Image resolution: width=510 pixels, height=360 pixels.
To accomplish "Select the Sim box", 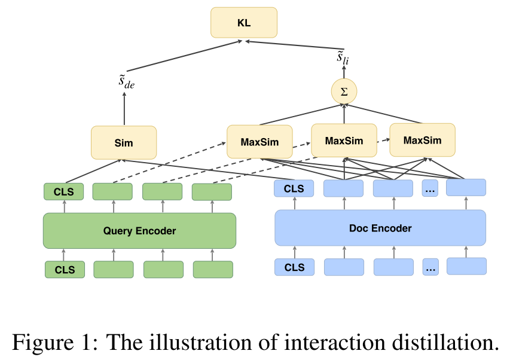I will (x=124, y=142).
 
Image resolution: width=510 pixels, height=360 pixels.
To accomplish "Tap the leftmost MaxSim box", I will (x=259, y=142).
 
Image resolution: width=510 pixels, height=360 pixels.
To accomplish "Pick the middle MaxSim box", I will (x=344, y=141).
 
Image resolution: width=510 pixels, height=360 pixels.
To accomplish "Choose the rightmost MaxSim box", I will (x=422, y=140).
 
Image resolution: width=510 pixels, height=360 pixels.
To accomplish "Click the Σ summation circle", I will (x=344, y=91).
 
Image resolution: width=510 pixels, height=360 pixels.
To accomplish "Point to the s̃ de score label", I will (x=126, y=82).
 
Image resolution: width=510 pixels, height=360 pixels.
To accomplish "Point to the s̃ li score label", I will (x=343, y=57).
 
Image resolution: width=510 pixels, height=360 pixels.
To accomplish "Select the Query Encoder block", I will (x=139, y=230).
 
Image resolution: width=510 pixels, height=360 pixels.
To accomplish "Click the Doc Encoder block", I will (x=380, y=228).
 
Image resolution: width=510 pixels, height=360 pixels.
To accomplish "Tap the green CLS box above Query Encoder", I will (x=65, y=191).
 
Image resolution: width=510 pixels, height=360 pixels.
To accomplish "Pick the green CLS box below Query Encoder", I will (x=65, y=270).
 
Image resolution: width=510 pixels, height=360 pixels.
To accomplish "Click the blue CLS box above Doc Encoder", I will (x=294, y=188).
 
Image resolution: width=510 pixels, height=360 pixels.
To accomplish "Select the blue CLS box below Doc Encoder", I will (x=294, y=267).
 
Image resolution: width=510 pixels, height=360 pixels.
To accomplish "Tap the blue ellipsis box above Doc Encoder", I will (x=430, y=188).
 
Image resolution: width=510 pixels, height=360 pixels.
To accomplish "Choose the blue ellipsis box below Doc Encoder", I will (x=430, y=267).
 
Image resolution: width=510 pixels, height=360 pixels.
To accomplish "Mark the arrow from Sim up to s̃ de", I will (x=124, y=109).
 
